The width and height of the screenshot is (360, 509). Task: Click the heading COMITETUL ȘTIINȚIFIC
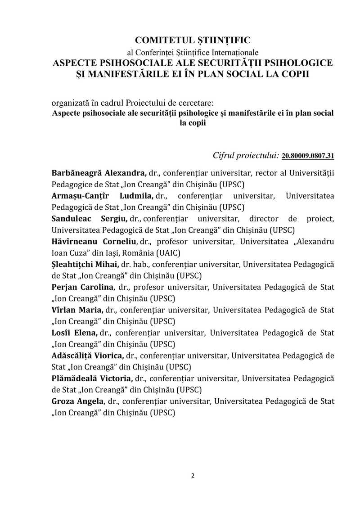[x=193, y=40]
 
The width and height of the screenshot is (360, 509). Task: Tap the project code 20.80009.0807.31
[x=308, y=156]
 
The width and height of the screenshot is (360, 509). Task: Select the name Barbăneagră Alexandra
[x=99, y=173]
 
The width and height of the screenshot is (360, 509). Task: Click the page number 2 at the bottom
[x=193, y=476]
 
